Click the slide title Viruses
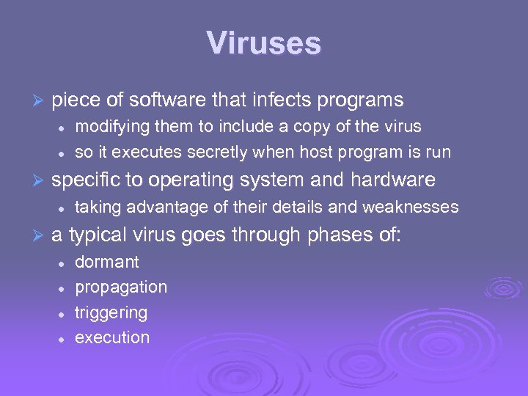[264, 43]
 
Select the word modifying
[111, 126]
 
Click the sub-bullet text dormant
[107, 262]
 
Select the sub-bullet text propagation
[121, 287]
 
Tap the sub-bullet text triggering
[111, 313]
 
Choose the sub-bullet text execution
[112, 338]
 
